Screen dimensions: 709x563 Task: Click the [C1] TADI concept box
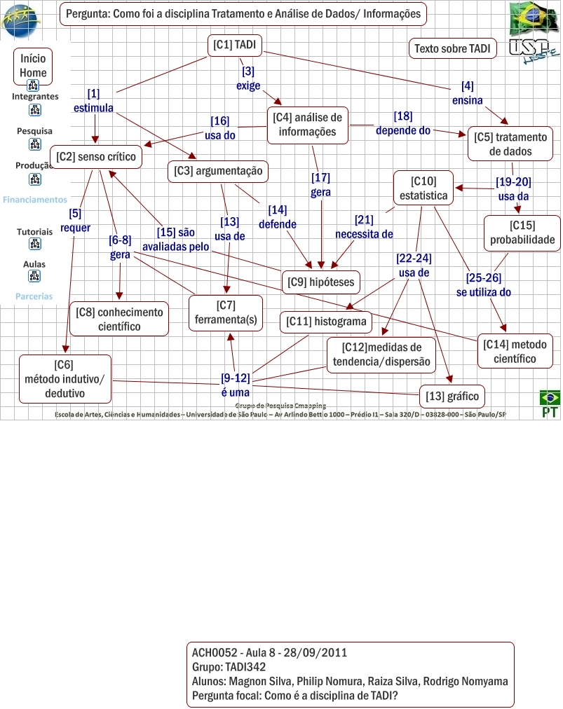pos(235,46)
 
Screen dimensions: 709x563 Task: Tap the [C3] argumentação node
pos(218,170)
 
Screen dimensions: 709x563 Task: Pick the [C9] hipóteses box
pos(321,282)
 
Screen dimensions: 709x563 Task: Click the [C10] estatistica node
pos(423,189)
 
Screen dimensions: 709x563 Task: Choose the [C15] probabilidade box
pos(522,233)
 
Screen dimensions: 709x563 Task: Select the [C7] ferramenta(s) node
pos(226,312)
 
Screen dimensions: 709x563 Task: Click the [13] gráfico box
pos(452,397)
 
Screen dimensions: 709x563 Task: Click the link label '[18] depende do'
pos(402,123)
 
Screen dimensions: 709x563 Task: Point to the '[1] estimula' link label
pos(93,101)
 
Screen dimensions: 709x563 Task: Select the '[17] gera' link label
pos(320,184)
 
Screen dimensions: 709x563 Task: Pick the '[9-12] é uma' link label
pos(235,385)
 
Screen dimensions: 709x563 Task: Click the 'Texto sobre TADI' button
pos(452,49)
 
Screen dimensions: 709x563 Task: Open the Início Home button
pos(34,66)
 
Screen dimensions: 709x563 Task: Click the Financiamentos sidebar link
pos(35,200)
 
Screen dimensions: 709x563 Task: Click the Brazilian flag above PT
pos(550,398)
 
